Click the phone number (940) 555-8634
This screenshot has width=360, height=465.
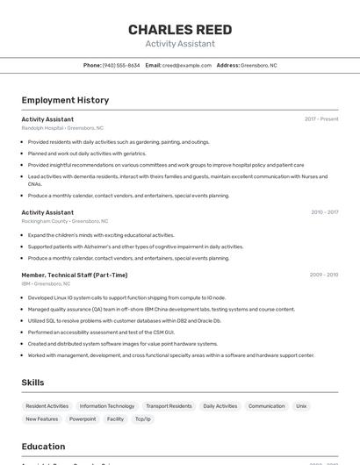pyautogui.click(x=121, y=65)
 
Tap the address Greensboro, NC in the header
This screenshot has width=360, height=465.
pyautogui.click(x=258, y=65)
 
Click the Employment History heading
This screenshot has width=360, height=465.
pyautogui.click(x=65, y=100)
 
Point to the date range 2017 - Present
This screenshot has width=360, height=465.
pyautogui.click(x=321, y=118)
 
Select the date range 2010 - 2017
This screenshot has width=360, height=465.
pyautogui.click(x=324, y=212)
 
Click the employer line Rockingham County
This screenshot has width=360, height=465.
pyautogui.click(x=65, y=221)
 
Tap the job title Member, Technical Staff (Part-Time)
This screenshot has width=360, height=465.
pyautogui.click(x=75, y=275)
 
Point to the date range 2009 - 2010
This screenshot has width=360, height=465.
pyautogui.click(x=324, y=275)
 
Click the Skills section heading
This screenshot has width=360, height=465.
pyautogui.click(x=33, y=383)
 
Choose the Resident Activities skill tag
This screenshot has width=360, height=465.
pyautogui.click(x=47, y=406)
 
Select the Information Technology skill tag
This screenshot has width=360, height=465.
pyautogui.click(x=107, y=406)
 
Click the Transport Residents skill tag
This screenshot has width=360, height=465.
pyautogui.click(x=169, y=406)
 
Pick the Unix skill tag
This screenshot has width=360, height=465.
pyautogui.click(x=301, y=406)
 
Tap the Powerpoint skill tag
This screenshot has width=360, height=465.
pyautogui.click(x=83, y=419)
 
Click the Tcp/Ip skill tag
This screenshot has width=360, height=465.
pyautogui.click(x=142, y=419)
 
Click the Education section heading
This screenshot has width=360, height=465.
pyautogui.click(x=44, y=447)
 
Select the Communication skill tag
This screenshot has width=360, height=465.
pyautogui.click(x=267, y=406)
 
